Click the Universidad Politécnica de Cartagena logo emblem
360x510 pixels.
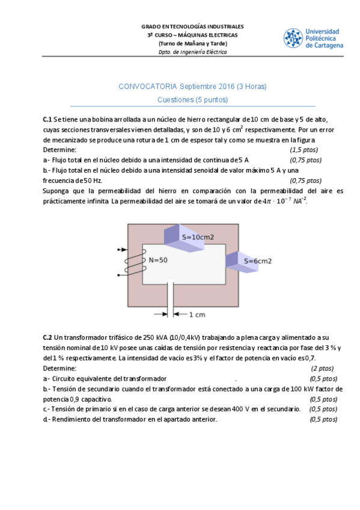[293, 38]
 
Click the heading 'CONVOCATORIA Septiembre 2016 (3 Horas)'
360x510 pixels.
[192, 87]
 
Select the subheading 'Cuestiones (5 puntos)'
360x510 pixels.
[192, 100]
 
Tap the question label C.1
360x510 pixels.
[47, 119]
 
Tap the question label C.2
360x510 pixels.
[47, 337]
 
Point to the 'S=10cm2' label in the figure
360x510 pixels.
[198, 237]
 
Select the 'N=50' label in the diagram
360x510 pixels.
[158, 260]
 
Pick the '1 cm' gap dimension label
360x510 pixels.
[197, 314]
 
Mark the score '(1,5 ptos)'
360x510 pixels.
[304, 150]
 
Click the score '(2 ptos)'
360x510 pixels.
[322, 368]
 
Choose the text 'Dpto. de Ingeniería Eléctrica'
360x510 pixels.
[192, 52]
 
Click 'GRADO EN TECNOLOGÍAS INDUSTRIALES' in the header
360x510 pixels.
[192, 27]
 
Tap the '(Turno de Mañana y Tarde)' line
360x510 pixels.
[192, 44]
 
